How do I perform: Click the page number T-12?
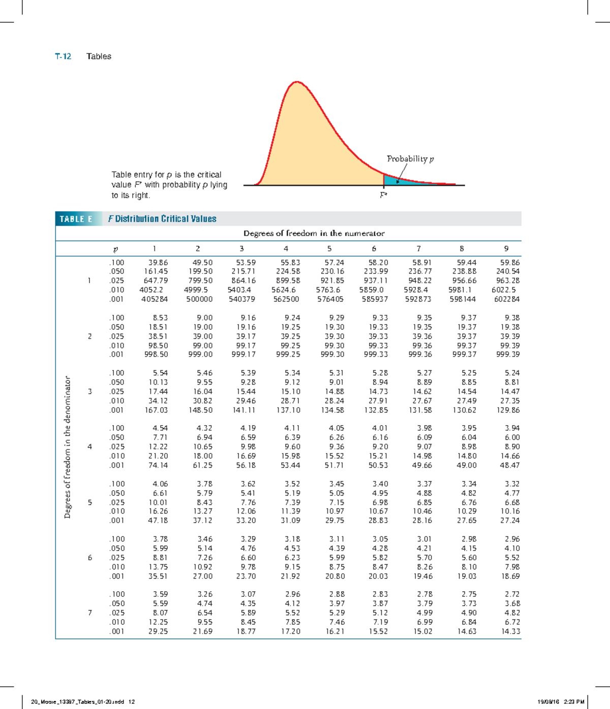(63, 56)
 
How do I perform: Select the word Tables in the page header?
(99, 56)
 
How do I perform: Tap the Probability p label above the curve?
(410, 159)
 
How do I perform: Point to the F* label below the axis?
(384, 195)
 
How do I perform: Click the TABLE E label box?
(76, 219)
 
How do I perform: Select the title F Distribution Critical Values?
(162, 219)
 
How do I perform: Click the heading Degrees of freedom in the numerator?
(314, 234)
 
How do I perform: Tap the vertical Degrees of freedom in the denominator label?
(67, 447)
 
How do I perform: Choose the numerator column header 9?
(506, 249)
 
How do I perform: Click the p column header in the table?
(115, 249)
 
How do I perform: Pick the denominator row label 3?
(90, 392)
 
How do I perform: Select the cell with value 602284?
(507, 299)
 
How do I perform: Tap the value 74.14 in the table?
(158, 465)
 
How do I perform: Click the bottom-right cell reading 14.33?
(510, 631)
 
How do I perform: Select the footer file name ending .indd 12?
(83, 702)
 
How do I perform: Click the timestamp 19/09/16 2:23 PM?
(561, 702)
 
